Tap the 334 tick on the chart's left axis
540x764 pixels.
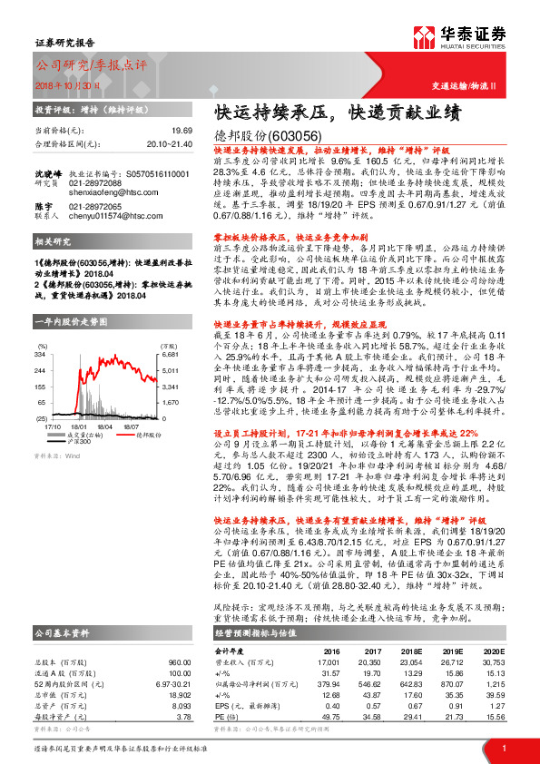(40, 331)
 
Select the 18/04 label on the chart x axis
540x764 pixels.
(104, 425)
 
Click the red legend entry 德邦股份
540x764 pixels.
(141, 436)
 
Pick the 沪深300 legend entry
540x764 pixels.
(79, 442)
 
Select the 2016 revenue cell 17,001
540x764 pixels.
(328, 663)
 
